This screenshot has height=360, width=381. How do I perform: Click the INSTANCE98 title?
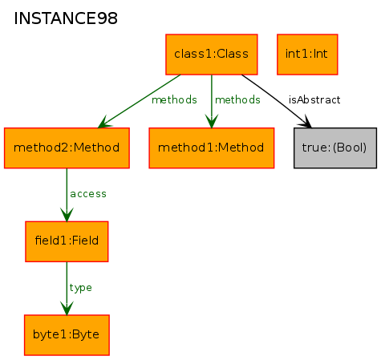pos(66,18)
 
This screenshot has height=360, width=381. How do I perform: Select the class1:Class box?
pos(212,55)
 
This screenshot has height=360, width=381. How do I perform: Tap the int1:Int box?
pos(307,55)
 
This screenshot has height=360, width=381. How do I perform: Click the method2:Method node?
pos(67,148)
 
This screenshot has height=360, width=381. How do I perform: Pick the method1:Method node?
pos(212,148)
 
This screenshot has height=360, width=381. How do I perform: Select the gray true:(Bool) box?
pos(335,148)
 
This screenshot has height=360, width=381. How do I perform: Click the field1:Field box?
pos(67,241)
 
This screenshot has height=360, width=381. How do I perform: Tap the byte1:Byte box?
pos(67,335)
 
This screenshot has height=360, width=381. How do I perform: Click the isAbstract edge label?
pos(314,100)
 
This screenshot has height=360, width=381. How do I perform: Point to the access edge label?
pos(88,194)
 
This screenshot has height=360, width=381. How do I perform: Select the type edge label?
pos(81,288)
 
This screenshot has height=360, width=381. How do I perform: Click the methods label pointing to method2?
pos(174,100)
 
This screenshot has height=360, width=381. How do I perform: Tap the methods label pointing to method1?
pos(237,100)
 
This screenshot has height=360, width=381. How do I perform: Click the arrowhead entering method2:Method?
pos(104,123)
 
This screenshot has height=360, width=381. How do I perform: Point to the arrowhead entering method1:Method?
pos(212,121)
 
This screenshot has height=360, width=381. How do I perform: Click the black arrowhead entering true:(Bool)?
pos(306,122)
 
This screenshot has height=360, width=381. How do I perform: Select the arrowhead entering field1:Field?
pos(67,215)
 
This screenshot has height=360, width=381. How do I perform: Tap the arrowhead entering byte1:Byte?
pos(67,309)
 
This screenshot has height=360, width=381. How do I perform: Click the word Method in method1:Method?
pos(241,148)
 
